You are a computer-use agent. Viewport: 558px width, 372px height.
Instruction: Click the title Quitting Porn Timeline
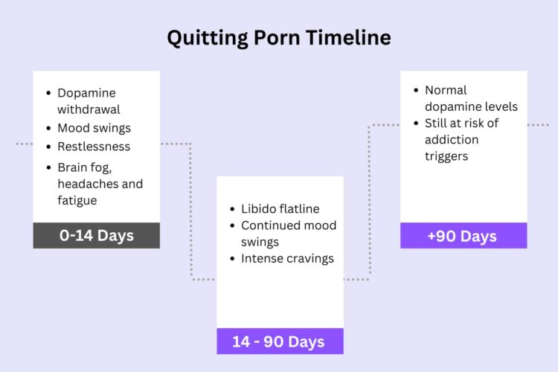click(278, 38)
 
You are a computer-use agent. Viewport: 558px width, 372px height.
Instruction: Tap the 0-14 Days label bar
click(96, 235)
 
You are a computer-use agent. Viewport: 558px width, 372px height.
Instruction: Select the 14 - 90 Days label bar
click(279, 341)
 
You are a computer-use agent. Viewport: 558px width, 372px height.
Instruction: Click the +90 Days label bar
click(463, 236)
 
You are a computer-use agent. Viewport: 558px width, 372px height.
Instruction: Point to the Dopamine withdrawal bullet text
click(88, 101)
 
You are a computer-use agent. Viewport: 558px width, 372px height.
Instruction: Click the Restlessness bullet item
click(94, 147)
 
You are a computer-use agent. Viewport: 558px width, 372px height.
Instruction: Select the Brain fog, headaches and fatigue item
click(100, 183)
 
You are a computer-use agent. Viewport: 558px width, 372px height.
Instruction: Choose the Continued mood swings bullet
click(289, 233)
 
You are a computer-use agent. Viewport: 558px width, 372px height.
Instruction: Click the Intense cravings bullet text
click(287, 259)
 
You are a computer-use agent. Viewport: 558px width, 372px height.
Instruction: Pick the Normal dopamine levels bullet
click(471, 98)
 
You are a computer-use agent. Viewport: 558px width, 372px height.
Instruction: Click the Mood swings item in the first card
click(94, 128)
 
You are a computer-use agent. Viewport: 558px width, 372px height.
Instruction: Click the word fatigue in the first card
click(77, 200)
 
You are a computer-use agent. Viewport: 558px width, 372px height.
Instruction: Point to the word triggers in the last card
click(446, 156)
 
